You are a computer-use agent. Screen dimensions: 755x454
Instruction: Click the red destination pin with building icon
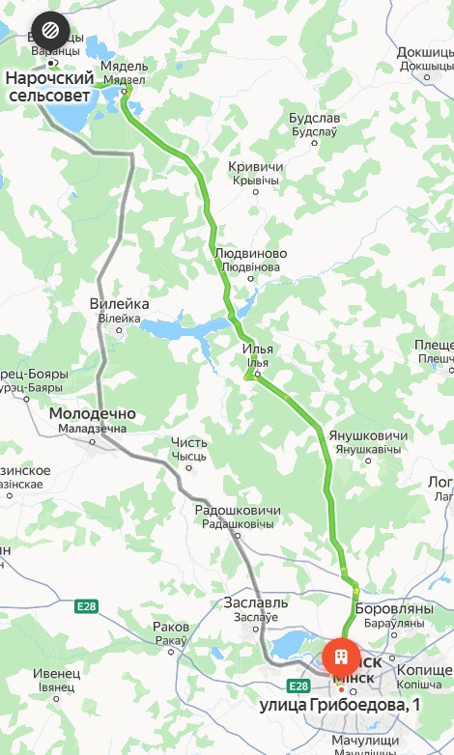click(x=340, y=659)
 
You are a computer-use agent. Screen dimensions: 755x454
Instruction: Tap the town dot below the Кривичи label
click(x=256, y=192)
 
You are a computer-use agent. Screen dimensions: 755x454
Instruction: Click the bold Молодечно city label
click(x=92, y=415)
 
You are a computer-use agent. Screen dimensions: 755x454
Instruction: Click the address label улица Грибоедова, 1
click(x=340, y=706)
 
